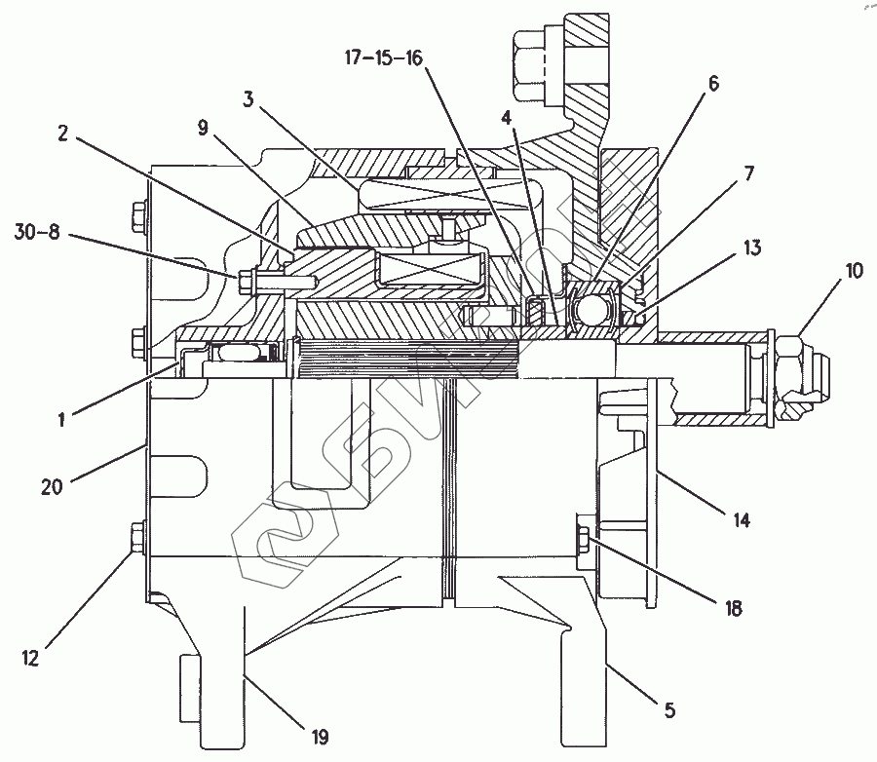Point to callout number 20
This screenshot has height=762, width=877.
tap(52, 484)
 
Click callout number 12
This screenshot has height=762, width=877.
tap(30, 659)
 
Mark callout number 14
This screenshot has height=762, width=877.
tap(742, 521)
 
